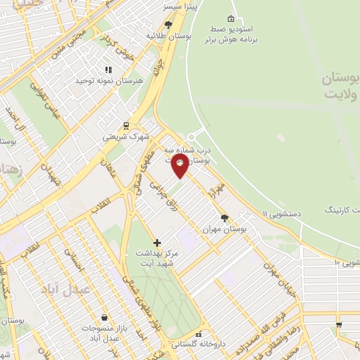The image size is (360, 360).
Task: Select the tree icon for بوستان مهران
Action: [224, 218]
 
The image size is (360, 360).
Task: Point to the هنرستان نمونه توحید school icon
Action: [108, 70]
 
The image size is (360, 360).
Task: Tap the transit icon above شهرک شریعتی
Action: [126, 126]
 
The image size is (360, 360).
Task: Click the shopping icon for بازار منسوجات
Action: [105, 318]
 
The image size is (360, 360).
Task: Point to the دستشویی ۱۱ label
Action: [285, 213]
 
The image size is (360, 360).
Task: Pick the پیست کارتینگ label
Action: [342, 210]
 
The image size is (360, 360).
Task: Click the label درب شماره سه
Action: [188, 150]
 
